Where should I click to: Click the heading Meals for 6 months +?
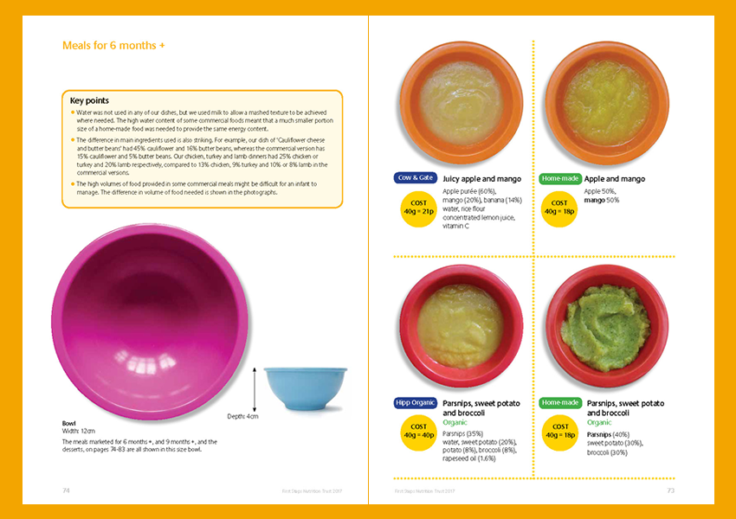[x=114, y=46]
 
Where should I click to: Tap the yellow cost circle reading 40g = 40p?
[x=418, y=432]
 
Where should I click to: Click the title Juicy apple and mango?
[x=481, y=179]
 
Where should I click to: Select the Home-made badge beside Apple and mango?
[x=559, y=179]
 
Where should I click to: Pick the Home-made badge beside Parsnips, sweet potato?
[x=559, y=403]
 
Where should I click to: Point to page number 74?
[x=66, y=490]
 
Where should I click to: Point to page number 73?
[x=670, y=490]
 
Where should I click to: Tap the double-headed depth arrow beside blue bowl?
[x=254, y=389]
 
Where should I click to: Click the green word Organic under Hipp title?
[x=456, y=423]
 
